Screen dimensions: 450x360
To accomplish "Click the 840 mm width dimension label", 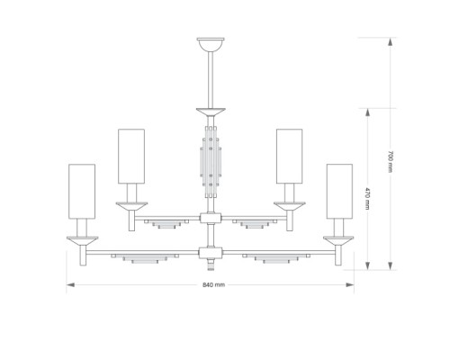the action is click(x=213, y=284).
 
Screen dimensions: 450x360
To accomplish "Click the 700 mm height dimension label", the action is click(x=390, y=161).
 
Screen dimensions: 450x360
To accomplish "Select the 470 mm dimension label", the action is click(x=367, y=198).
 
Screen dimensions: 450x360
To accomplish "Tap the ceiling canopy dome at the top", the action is click(x=211, y=44).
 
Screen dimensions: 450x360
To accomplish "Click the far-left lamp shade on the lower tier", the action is click(x=82, y=191).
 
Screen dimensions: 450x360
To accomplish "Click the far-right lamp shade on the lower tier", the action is click(x=339, y=191).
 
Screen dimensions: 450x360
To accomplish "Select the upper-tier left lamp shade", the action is click(x=131, y=156).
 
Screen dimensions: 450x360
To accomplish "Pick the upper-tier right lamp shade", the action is click(x=289, y=156).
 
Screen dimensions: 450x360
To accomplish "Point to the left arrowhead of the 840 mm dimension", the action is click(x=70, y=284).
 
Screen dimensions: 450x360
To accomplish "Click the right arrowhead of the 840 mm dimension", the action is click(x=350, y=284).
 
